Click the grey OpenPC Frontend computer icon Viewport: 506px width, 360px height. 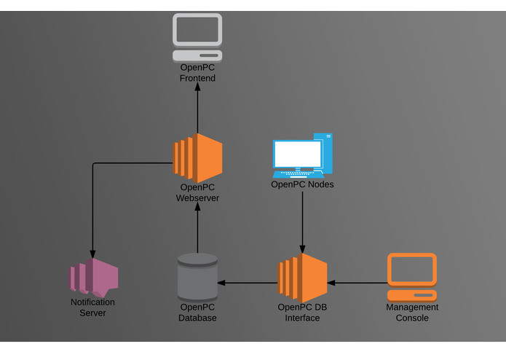(x=197, y=37)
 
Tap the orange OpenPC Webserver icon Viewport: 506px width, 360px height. (x=197, y=158)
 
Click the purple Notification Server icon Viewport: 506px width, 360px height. (x=94, y=277)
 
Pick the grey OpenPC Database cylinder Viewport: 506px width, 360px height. (x=197, y=277)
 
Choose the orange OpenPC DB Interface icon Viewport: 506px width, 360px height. (x=302, y=278)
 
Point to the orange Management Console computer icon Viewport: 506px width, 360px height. (x=411, y=277)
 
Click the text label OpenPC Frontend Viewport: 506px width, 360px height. (x=197, y=73)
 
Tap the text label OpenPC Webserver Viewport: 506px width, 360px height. (x=197, y=192)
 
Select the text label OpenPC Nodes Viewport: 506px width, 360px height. (x=302, y=184)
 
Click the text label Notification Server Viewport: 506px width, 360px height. (x=92, y=308)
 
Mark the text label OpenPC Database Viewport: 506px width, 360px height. (x=197, y=313)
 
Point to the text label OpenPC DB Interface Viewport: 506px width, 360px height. (x=302, y=313)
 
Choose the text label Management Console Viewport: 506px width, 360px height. (x=411, y=313)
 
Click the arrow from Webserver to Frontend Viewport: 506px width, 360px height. (x=197, y=109)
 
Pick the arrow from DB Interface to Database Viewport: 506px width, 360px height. (x=248, y=283)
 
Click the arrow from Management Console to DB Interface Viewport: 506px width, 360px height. (x=357, y=283)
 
